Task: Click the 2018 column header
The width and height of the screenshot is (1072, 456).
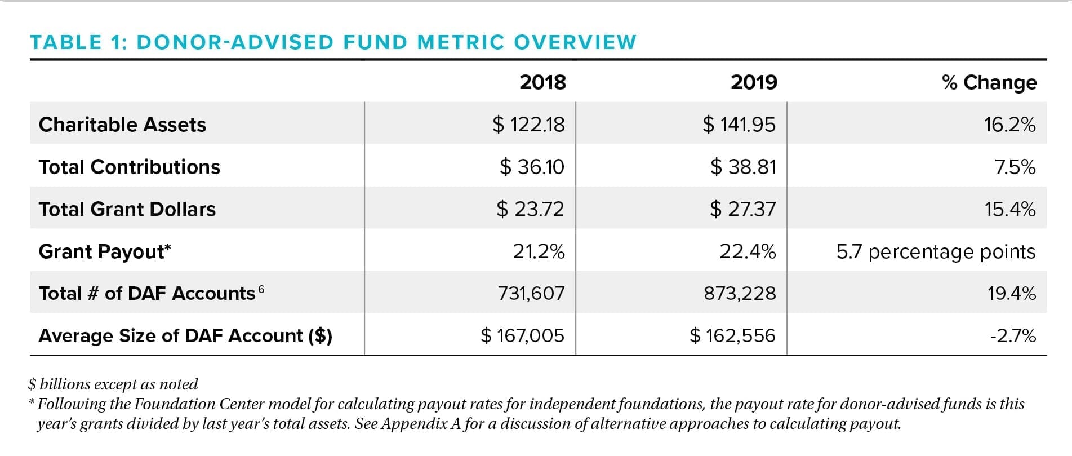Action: [x=542, y=82]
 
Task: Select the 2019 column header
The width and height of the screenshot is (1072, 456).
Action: [x=754, y=82]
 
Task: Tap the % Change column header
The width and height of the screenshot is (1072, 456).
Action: [x=989, y=82]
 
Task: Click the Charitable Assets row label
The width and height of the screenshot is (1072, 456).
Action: [x=122, y=125]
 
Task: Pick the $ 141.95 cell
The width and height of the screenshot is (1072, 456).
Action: [x=739, y=125]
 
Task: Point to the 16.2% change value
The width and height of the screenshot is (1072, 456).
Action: [x=1009, y=125]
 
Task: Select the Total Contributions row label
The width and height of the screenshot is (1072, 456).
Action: [x=129, y=167]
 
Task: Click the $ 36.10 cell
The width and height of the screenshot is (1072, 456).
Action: [x=531, y=167]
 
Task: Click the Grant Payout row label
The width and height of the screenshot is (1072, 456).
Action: [x=104, y=251]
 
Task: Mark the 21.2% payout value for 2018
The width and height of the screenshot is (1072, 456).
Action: [x=538, y=251]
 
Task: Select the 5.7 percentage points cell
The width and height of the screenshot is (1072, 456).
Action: [x=935, y=251]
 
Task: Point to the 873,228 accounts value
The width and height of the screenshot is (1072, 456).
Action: [x=739, y=293]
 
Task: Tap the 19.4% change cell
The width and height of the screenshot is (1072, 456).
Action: [x=1011, y=293]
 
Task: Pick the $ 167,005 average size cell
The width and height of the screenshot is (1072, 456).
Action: [x=522, y=336]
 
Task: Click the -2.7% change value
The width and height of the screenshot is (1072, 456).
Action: [x=1012, y=336]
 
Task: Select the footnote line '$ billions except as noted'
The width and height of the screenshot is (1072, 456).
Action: [x=113, y=384]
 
